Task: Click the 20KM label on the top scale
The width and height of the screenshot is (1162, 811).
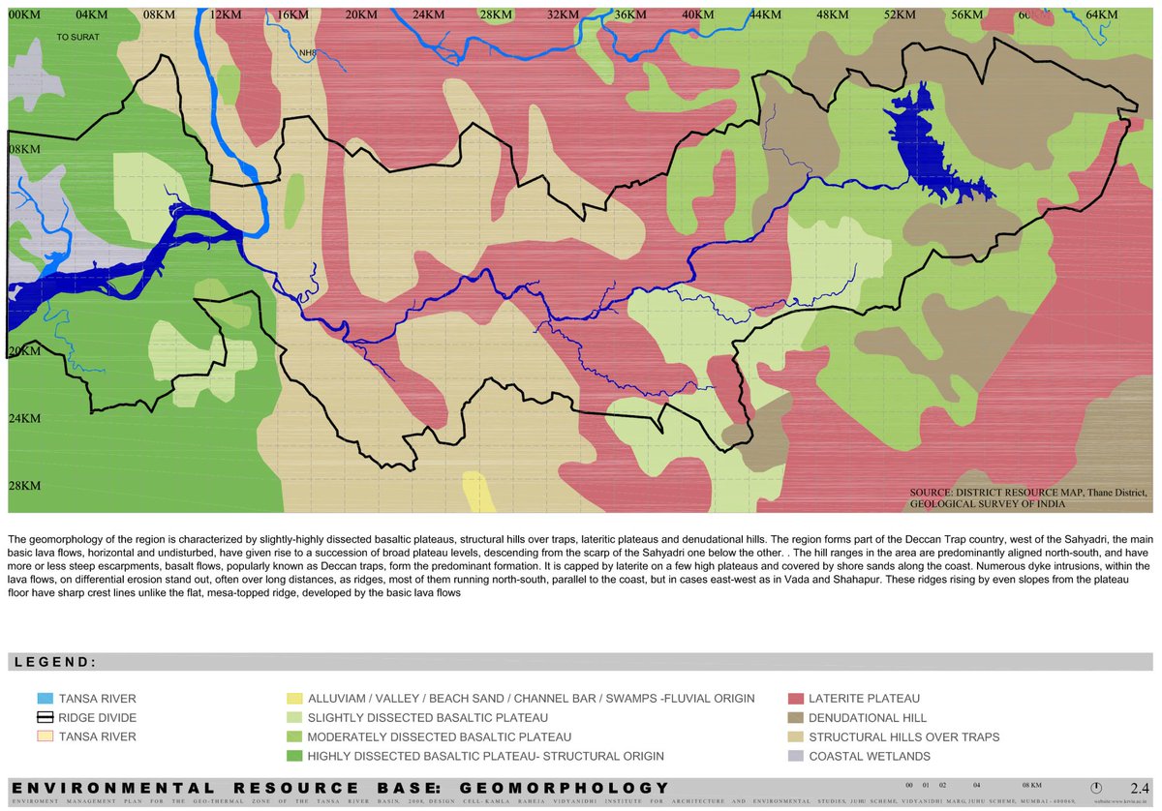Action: (x=359, y=15)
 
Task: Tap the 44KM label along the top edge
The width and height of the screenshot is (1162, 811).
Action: (x=764, y=15)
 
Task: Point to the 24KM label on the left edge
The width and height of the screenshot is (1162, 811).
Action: (x=24, y=418)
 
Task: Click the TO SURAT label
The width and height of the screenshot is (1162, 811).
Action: (x=78, y=36)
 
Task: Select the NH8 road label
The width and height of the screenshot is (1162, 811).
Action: (x=309, y=54)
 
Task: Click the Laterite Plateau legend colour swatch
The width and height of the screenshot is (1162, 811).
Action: (x=797, y=698)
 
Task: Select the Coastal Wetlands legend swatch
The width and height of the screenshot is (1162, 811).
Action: (x=797, y=756)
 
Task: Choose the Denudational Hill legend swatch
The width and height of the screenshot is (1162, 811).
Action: (x=797, y=717)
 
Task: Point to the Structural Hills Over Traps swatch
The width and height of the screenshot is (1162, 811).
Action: (x=797, y=736)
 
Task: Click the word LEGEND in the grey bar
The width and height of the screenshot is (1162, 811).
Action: (x=53, y=663)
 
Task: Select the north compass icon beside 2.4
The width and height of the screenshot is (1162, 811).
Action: (x=1096, y=787)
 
